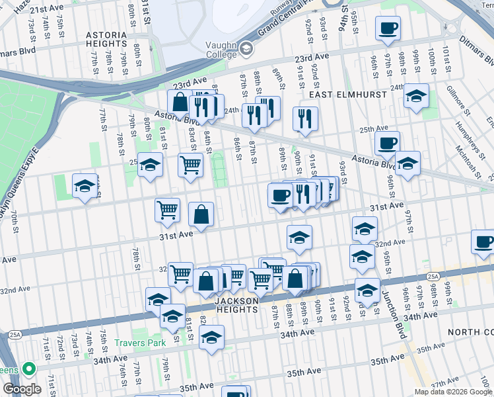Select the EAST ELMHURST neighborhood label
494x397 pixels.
339,95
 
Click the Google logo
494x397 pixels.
21,388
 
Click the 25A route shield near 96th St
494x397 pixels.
433,275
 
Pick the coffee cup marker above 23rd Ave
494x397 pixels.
388,28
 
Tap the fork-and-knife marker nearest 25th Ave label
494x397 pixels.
304,119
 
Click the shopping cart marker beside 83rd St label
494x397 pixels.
190,165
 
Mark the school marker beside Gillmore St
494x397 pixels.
416,96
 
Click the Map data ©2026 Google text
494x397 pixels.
454,392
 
